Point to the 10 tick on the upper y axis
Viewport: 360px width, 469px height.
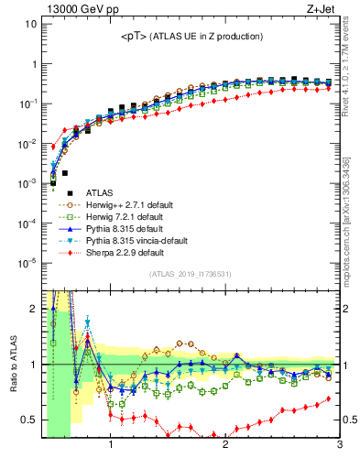(x=30, y=24)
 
